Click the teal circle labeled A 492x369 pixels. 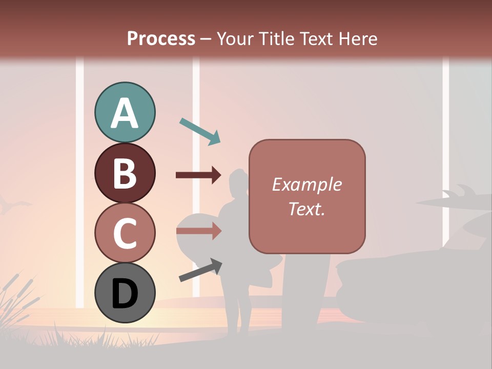(x=125, y=113)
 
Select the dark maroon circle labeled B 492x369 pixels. (x=125, y=173)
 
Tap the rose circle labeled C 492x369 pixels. (x=125, y=233)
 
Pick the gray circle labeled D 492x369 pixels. (x=125, y=293)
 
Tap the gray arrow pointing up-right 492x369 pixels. (x=200, y=270)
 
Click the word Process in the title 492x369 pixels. (x=161, y=38)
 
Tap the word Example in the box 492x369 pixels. (x=306, y=184)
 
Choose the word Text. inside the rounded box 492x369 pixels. (x=306, y=209)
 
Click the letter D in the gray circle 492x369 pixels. (x=125, y=294)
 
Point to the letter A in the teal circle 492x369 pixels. (x=125, y=114)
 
